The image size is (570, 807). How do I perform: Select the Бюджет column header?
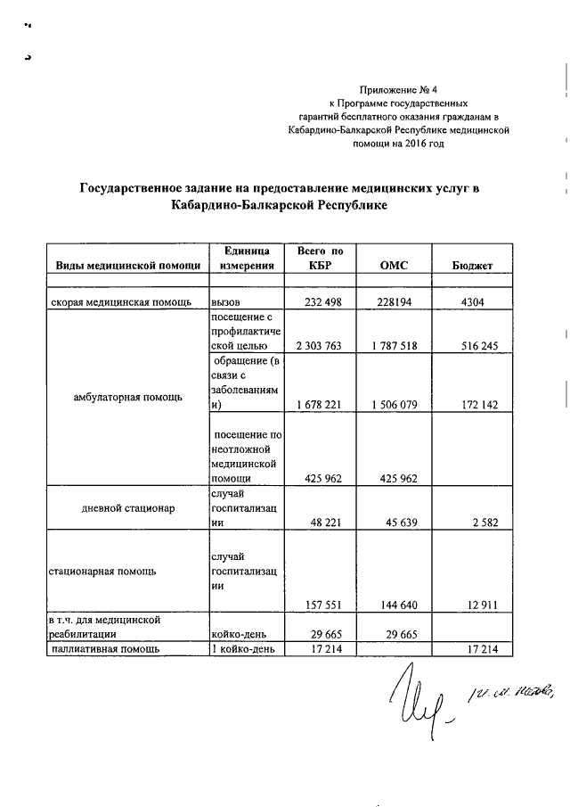click(x=473, y=266)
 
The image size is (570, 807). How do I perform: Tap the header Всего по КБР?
click(x=319, y=259)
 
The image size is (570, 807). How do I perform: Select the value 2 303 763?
click(x=318, y=346)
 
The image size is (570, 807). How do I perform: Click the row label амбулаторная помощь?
click(x=129, y=397)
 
